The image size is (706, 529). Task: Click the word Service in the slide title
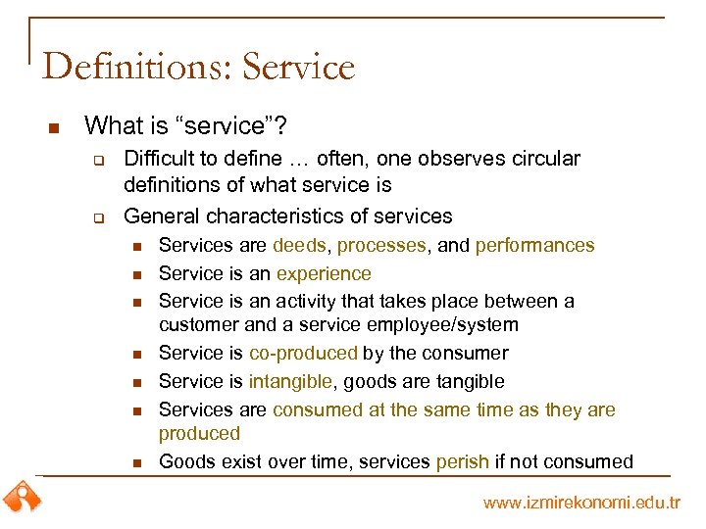click(x=298, y=67)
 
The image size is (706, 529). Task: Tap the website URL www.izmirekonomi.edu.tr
click(x=581, y=503)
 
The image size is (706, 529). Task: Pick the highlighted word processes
click(x=381, y=246)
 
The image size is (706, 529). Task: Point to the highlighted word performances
click(x=534, y=246)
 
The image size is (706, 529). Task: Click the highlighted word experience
click(x=324, y=274)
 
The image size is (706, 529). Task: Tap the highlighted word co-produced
click(x=303, y=354)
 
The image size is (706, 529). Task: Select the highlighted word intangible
click(x=291, y=382)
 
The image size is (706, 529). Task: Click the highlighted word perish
click(x=463, y=461)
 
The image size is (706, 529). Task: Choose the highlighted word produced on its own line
click(x=199, y=433)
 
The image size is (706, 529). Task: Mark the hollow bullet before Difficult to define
click(x=98, y=160)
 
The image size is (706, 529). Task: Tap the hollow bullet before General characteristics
click(x=98, y=216)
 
